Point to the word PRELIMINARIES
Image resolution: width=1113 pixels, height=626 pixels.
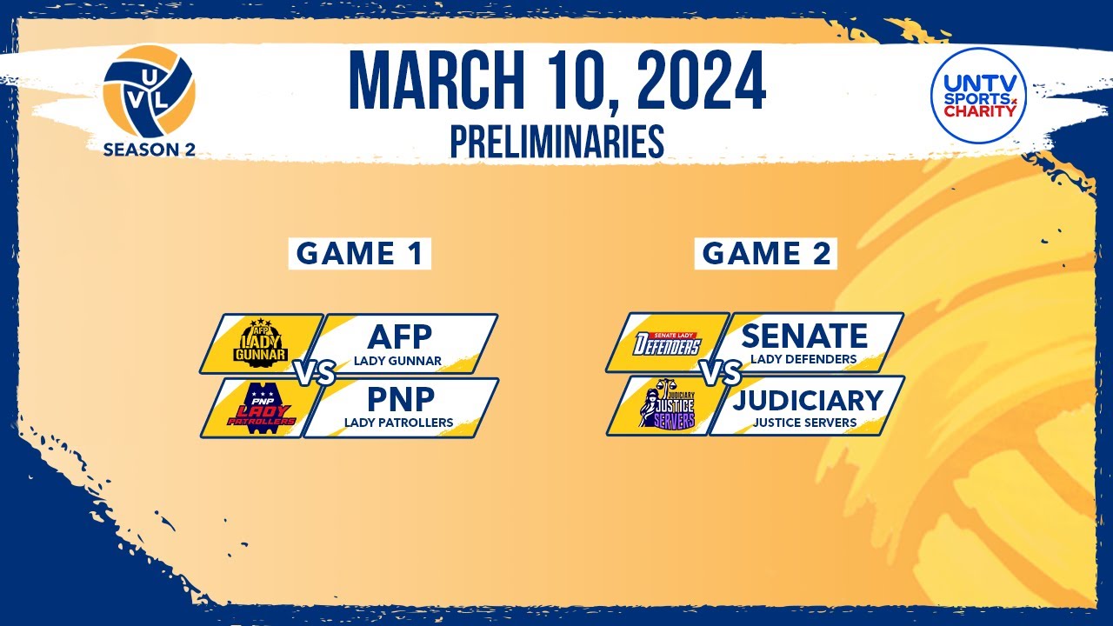pos(556,142)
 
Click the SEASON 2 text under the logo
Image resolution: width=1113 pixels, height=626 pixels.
pos(149,149)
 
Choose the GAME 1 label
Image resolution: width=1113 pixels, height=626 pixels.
pos(359,254)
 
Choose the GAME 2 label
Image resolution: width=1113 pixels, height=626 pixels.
pos(766,254)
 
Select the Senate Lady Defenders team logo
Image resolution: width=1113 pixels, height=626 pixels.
pos(669,343)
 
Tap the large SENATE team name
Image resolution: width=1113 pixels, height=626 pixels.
pos(804,335)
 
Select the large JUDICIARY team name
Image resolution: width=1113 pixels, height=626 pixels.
pos(808,399)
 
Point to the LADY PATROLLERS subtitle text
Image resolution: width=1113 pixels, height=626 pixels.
pos(398,423)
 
